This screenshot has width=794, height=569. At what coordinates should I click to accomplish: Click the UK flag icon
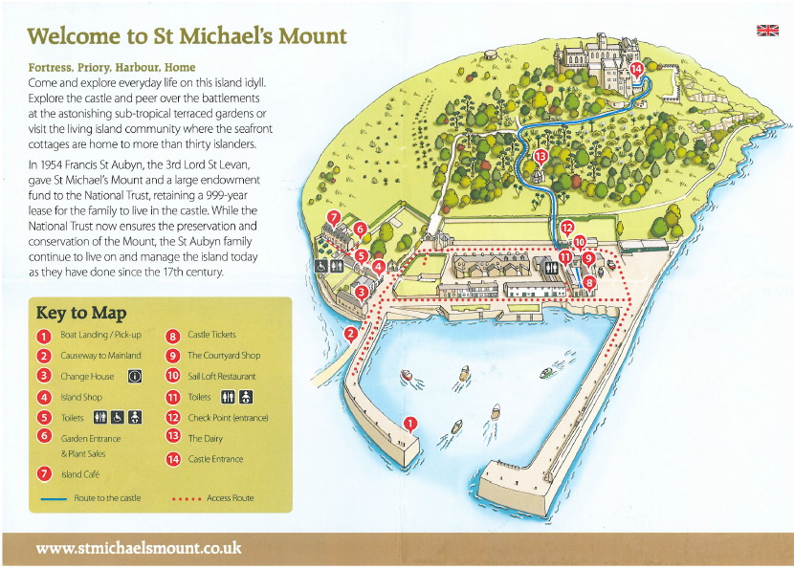767,30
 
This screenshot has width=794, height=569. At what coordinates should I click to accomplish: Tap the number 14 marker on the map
637,69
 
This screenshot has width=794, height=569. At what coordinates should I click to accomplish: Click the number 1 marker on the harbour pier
410,423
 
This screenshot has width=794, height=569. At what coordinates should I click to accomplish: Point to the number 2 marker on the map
351,333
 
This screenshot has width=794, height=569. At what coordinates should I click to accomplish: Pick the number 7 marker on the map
334,218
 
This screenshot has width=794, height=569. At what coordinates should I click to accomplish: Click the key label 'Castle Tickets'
211,335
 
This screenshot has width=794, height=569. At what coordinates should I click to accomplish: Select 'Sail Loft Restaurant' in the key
223,377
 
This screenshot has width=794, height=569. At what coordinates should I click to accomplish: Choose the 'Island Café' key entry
80,474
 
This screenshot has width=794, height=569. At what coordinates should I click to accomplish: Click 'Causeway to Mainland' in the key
94,356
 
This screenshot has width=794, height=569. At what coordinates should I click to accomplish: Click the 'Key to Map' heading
80,312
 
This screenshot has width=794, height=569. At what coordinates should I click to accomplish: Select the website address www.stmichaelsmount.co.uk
138,549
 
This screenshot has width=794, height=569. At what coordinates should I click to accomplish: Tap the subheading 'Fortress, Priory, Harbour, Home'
113,68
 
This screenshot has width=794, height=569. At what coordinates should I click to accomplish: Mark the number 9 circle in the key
173,356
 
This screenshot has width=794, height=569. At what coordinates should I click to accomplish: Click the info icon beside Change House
134,377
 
